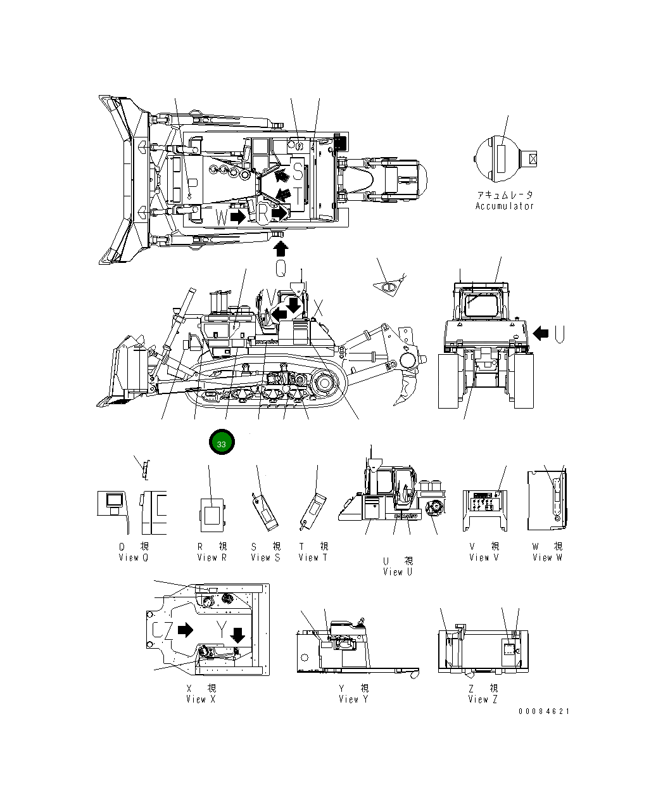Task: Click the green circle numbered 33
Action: [x=222, y=444]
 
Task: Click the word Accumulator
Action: [x=505, y=206]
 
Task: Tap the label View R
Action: [x=212, y=557]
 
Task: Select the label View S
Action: [x=265, y=557]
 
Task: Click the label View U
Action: [x=398, y=572]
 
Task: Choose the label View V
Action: [x=484, y=557]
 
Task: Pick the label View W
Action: [x=547, y=557]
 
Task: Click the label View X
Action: [x=201, y=699]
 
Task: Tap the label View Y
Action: [x=353, y=699]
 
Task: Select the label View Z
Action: [x=483, y=699]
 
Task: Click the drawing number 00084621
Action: [x=544, y=711]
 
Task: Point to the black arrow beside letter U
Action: [x=540, y=333]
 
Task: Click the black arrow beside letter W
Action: [x=238, y=217]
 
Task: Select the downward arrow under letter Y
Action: [x=238, y=634]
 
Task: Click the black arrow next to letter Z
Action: [x=185, y=630]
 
